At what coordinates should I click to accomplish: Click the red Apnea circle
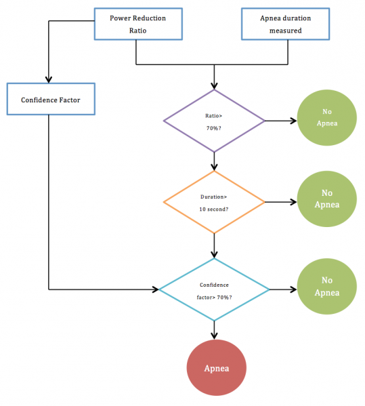coord(217,367)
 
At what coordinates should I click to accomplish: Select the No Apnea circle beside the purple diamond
coord(327,118)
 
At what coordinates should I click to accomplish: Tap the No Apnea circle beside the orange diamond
coord(327,199)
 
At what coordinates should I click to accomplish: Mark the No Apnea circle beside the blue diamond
coord(327,287)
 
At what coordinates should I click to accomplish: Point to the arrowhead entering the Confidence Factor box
coord(49,80)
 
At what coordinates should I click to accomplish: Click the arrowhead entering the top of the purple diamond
coord(214,86)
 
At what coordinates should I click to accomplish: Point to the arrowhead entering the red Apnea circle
coord(214,336)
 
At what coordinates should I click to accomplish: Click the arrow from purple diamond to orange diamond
coord(214,161)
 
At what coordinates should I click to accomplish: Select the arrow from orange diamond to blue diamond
coord(214,246)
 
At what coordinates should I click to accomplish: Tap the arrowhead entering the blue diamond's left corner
coord(156,289)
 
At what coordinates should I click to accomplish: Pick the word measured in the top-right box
coord(286,31)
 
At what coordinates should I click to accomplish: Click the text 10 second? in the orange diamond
coord(214,209)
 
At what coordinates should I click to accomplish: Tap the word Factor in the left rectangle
coord(70,100)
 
